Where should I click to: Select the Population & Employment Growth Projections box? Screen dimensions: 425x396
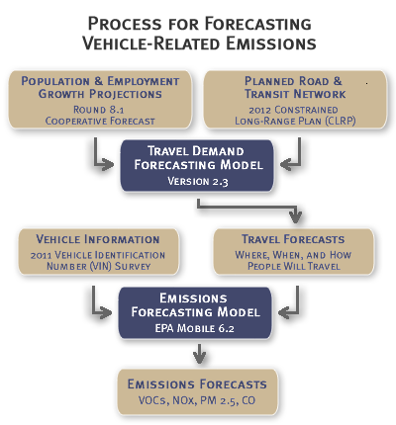104,100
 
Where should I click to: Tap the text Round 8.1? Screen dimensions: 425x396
104,111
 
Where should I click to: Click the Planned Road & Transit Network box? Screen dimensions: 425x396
293,100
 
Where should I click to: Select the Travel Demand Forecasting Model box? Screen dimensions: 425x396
197,164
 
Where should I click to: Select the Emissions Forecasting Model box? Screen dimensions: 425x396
197,311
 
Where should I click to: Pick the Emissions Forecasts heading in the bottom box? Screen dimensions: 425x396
197,383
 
